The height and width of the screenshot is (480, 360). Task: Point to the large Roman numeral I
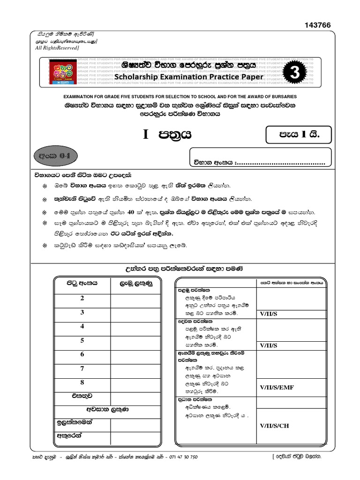tap(145, 135)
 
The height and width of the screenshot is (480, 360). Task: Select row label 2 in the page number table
tap(82, 298)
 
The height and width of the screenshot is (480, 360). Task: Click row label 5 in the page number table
tap(82, 340)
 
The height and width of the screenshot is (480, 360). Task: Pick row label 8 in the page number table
tap(82, 382)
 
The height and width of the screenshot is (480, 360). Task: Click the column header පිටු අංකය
tap(82, 284)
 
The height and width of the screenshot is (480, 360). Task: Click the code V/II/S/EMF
tap(277, 387)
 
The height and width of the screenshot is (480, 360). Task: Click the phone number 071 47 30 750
tap(180, 456)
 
